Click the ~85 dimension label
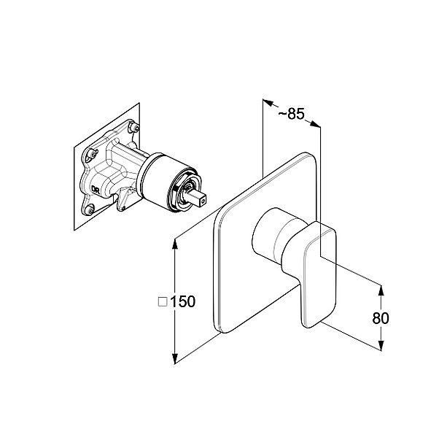(291, 114)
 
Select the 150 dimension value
(182, 301)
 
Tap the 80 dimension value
(381, 318)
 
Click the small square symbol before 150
(163, 302)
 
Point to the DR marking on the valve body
(96, 189)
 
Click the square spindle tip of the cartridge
(198, 197)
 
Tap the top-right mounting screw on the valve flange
(133, 128)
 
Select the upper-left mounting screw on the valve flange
(92, 154)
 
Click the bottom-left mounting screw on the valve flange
(90, 209)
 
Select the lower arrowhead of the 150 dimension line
(175, 358)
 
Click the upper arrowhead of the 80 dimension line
(381, 290)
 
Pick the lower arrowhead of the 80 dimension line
(381, 345)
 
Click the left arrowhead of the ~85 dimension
(268, 103)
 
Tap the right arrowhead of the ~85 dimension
(315, 124)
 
